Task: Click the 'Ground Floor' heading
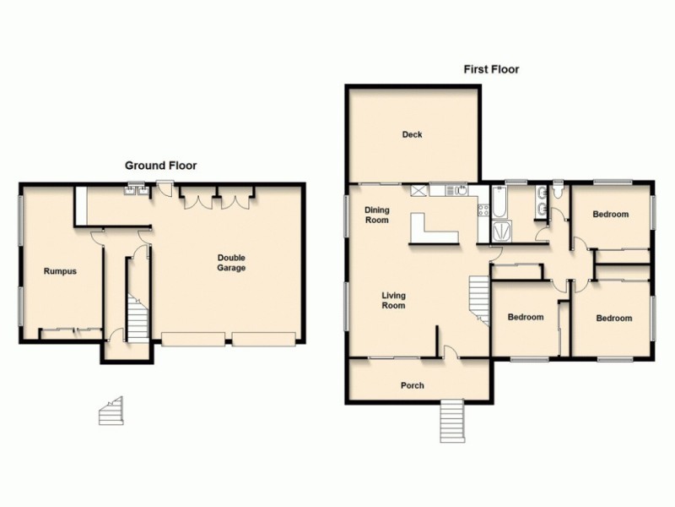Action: point(160,166)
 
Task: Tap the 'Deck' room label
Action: point(412,134)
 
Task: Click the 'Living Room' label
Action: point(393,300)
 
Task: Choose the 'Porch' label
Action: point(413,386)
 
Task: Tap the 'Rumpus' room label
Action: point(60,271)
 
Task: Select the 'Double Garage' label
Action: point(230,263)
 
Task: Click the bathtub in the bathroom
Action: point(498,204)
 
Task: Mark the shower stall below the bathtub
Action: point(501,231)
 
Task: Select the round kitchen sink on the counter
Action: point(461,191)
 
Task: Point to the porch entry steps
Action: point(452,420)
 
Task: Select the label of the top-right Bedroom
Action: point(610,215)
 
